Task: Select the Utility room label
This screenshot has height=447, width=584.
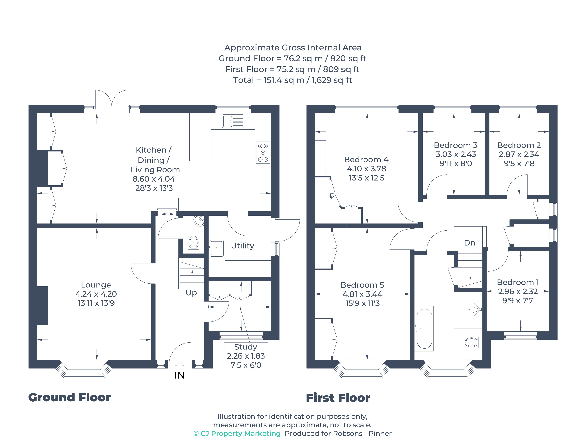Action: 242,246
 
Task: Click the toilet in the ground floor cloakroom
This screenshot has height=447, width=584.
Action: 193,244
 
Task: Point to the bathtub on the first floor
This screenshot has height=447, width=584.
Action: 424,329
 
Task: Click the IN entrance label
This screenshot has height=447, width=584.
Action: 179,375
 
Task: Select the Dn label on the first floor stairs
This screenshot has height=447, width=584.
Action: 469,243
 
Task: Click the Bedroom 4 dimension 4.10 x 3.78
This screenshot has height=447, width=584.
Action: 366,169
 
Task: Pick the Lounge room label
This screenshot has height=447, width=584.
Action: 96,285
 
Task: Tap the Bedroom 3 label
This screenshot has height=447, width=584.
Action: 455,145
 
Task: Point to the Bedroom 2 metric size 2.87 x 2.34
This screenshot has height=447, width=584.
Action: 519,154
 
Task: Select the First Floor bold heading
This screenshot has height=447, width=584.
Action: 338,398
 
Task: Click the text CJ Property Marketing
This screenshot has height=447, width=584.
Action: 240,434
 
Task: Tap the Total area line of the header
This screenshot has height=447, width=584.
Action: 292,80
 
